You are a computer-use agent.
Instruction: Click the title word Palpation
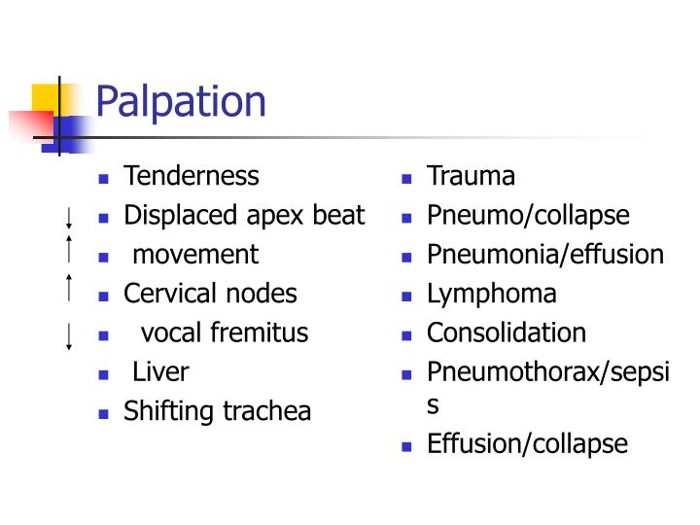[181, 101]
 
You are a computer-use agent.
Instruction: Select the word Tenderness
[192, 176]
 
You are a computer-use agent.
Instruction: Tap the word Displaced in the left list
[169, 215]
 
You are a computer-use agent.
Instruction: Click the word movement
[195, 255]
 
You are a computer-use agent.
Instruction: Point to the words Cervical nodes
[210, 294]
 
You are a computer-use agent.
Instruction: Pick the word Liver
[160, 371]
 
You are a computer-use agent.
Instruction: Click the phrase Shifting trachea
[217, 411]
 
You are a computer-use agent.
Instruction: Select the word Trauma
[471, 176]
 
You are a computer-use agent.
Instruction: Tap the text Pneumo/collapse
[528, 215]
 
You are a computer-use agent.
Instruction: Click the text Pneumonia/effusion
[545, 255]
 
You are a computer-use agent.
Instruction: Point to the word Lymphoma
[492, 294]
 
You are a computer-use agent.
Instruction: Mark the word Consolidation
[507, 332]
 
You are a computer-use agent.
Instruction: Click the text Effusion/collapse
[527, 444]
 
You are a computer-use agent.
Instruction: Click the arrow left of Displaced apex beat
[69, 217]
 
